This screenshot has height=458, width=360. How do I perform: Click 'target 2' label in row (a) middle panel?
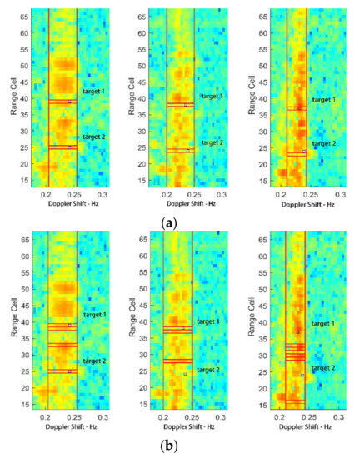click(x=212, y=142)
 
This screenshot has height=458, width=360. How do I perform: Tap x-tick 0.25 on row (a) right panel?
click(x=308, y=193)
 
